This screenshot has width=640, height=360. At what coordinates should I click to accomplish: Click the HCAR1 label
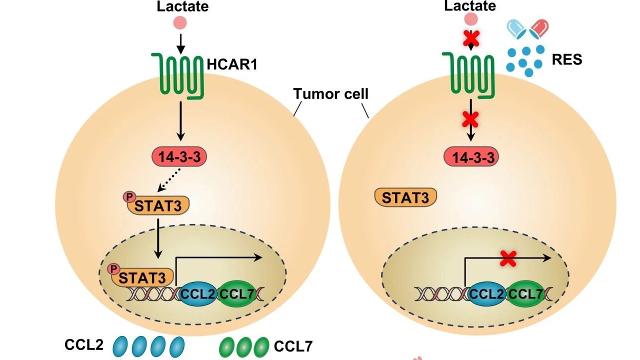[x=231, y=63]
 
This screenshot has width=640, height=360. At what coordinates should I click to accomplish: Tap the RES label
[x=567, y=60]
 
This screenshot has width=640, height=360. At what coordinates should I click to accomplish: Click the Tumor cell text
[x=330, y=93]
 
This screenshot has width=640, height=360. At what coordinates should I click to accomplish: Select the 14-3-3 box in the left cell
[x=179, y=157]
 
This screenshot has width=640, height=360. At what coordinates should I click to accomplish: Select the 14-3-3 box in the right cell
[x=470, y=157]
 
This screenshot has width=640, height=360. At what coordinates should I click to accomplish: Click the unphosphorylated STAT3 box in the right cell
[x=405, y=197]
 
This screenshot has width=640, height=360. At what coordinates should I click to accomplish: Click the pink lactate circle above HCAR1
[x=180, y=22]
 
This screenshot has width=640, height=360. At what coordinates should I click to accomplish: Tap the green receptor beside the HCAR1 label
[x=180, y=75]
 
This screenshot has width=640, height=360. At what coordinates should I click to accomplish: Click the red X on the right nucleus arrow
[x=508, y=258]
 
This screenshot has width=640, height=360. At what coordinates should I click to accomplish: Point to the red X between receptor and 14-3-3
[x=470, y=119]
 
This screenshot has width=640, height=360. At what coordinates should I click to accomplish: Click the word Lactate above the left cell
[x=182, y=6]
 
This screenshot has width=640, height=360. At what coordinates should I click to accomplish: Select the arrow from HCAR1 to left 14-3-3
[x=181, y=120]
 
